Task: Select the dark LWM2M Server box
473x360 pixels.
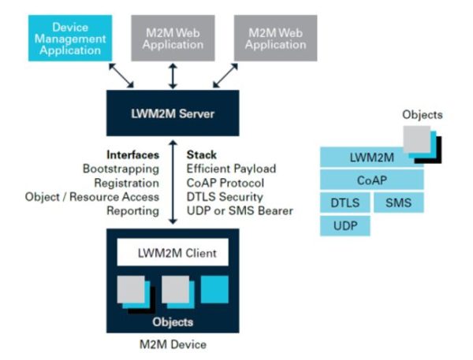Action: point(173,113)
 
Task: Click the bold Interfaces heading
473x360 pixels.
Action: point(132,154)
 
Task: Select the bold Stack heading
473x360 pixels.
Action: point(201,154)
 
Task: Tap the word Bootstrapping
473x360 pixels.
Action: point(121,169)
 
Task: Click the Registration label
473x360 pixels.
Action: point(128,183)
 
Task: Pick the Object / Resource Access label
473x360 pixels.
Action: point(92,197)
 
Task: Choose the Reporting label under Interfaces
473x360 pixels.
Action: point(133,211)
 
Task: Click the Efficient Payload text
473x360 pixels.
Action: point(232,169)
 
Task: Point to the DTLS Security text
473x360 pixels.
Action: point(225,197)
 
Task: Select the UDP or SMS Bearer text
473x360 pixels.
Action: point(240,211)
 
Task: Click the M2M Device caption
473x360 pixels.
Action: point(173,344)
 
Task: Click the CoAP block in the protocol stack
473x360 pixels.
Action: point(371,180)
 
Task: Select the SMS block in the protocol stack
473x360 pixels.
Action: point(397,202)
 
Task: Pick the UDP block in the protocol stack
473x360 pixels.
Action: point(345,226)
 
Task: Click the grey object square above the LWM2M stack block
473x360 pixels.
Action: point(416,139)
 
